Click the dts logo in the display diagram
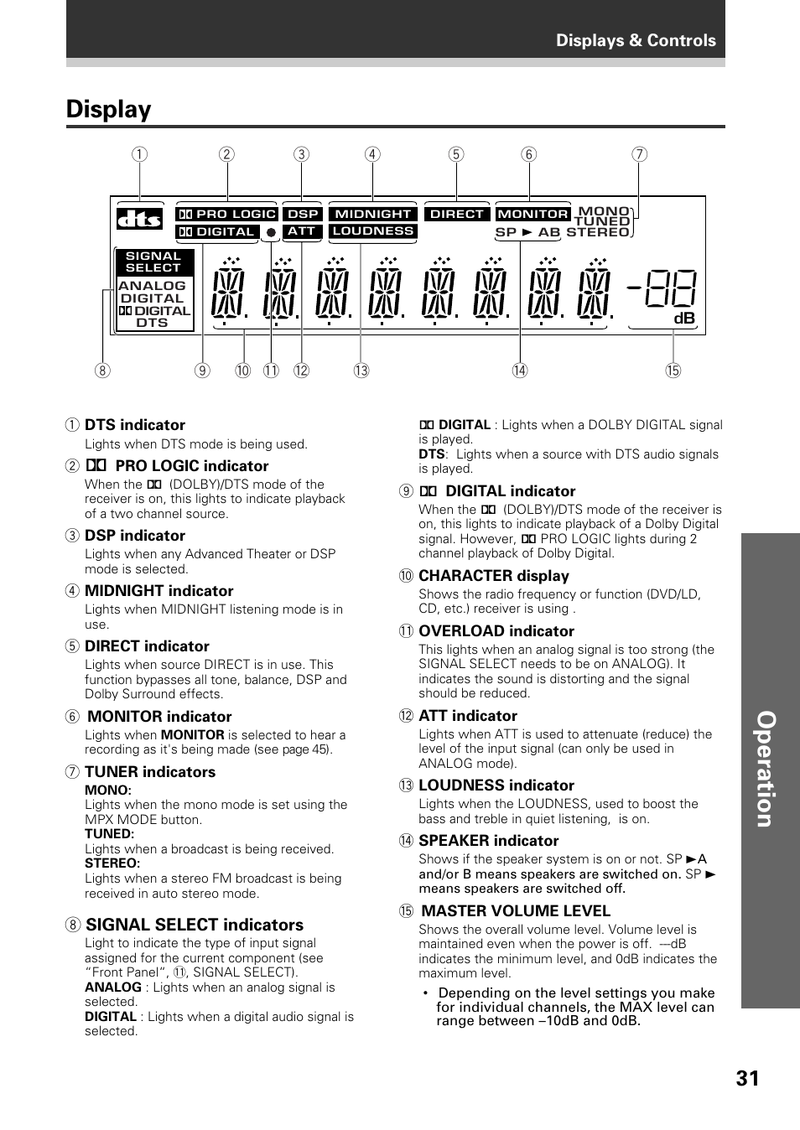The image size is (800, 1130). tap(139, 219)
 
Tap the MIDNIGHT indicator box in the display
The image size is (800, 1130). tap(373, 214)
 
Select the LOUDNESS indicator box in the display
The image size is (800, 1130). tap(373, 231)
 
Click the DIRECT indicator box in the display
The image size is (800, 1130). tap(457, 214)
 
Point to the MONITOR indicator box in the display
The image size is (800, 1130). tap(532, 214)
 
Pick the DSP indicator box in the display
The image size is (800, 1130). tap(303, 214)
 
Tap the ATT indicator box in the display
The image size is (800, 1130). tap(302, 231)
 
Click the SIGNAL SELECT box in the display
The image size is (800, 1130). tap(153, 262)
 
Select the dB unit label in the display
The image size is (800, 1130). tap(684, 319)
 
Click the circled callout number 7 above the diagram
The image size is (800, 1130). tap(639, 154)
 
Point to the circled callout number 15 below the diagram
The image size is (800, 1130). tap(673, 371)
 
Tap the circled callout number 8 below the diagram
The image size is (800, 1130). tap(102, 371)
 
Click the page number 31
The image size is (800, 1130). tap(747, 1078)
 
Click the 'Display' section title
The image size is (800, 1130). tap(109, 110)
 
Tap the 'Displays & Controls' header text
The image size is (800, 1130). tap(636, 40)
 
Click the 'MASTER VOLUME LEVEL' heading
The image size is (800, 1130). tap(516, 911)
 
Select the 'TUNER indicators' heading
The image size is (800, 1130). tap(150, 772)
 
